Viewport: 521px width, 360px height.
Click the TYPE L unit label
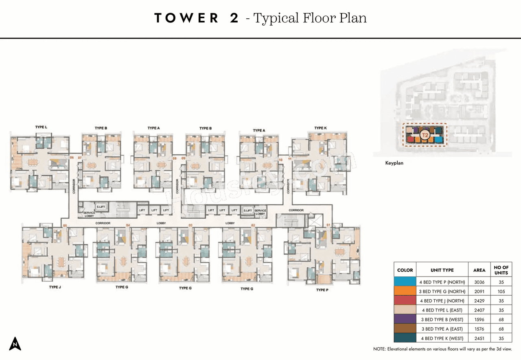coord(41,127)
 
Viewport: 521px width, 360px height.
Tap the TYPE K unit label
coord(320,128)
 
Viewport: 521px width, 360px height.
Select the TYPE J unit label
coord(54,287)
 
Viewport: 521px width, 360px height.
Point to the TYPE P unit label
coord(321,290)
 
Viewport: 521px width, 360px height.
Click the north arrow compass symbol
coord(15,344)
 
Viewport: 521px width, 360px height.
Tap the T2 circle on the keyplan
coord(425,134)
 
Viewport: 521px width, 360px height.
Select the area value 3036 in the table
coord(479,281)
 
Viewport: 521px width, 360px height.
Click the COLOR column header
coord(405,270)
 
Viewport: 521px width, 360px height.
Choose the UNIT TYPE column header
coord(442,270)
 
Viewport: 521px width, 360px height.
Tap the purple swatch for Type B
coord(405,319)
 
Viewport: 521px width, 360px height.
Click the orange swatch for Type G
coord(405,291)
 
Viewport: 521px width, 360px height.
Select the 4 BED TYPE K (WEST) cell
coord(442,338)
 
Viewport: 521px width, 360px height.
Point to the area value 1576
coord(479,329)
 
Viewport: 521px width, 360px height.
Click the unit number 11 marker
coord(289,159)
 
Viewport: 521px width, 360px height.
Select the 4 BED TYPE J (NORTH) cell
coord(442,301)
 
